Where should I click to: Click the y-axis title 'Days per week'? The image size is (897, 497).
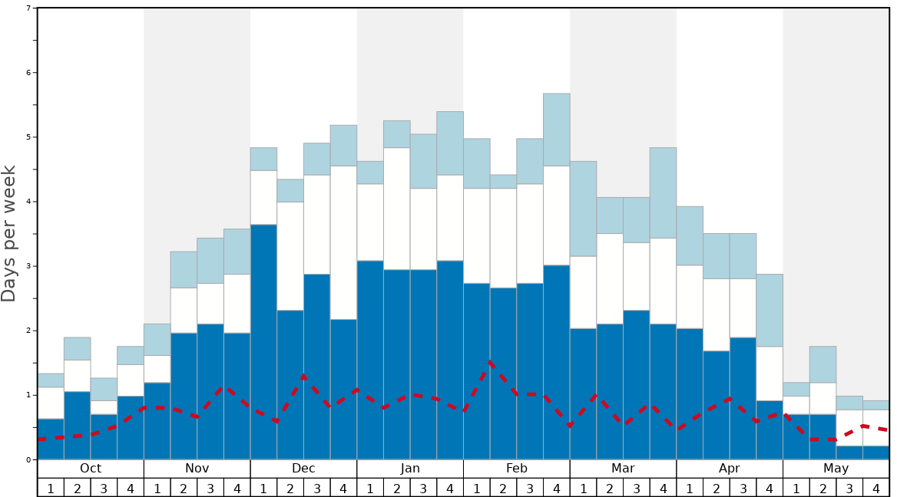pyautogui.click(x=9, y=233)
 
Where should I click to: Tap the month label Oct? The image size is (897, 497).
pyautogui.click(x=91, y=469)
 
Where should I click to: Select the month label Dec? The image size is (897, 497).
pyautogui.click(x=303, y=469)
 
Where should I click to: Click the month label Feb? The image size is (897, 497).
pyautogui.click(x=517, y=469)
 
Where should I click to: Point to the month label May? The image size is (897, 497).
pyautogui.click(x=836, y=469)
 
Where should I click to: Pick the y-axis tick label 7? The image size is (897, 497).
pyautogui.click(x=28, y=8)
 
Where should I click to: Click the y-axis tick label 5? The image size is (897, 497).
pyautogui.click(x=28, y=137)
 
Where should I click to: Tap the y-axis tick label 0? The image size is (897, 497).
pyautogui.click(x=28, y=459)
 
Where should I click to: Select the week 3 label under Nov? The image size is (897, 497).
pyautogui.click(x=210, y=488)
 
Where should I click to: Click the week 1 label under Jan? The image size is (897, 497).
pyautogui.click(x=370, y=488)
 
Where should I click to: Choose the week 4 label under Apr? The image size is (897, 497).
pyautogui.click(x=770, y=488)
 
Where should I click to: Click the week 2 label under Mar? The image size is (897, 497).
pyautogui.click(x=610, y=488)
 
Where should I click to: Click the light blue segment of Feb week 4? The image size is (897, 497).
pyautogui.click(x=557, y=130)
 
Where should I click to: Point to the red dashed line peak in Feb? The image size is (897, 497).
pyautogui.click(x=490, y=361)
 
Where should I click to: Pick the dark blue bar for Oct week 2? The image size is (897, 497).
pyautogui.click(x=78, y=426)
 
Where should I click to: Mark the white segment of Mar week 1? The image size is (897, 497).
pyautogui.click(x=583, y=292)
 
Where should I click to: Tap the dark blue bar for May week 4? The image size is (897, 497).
pyautogui.click(x=876, y=453)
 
